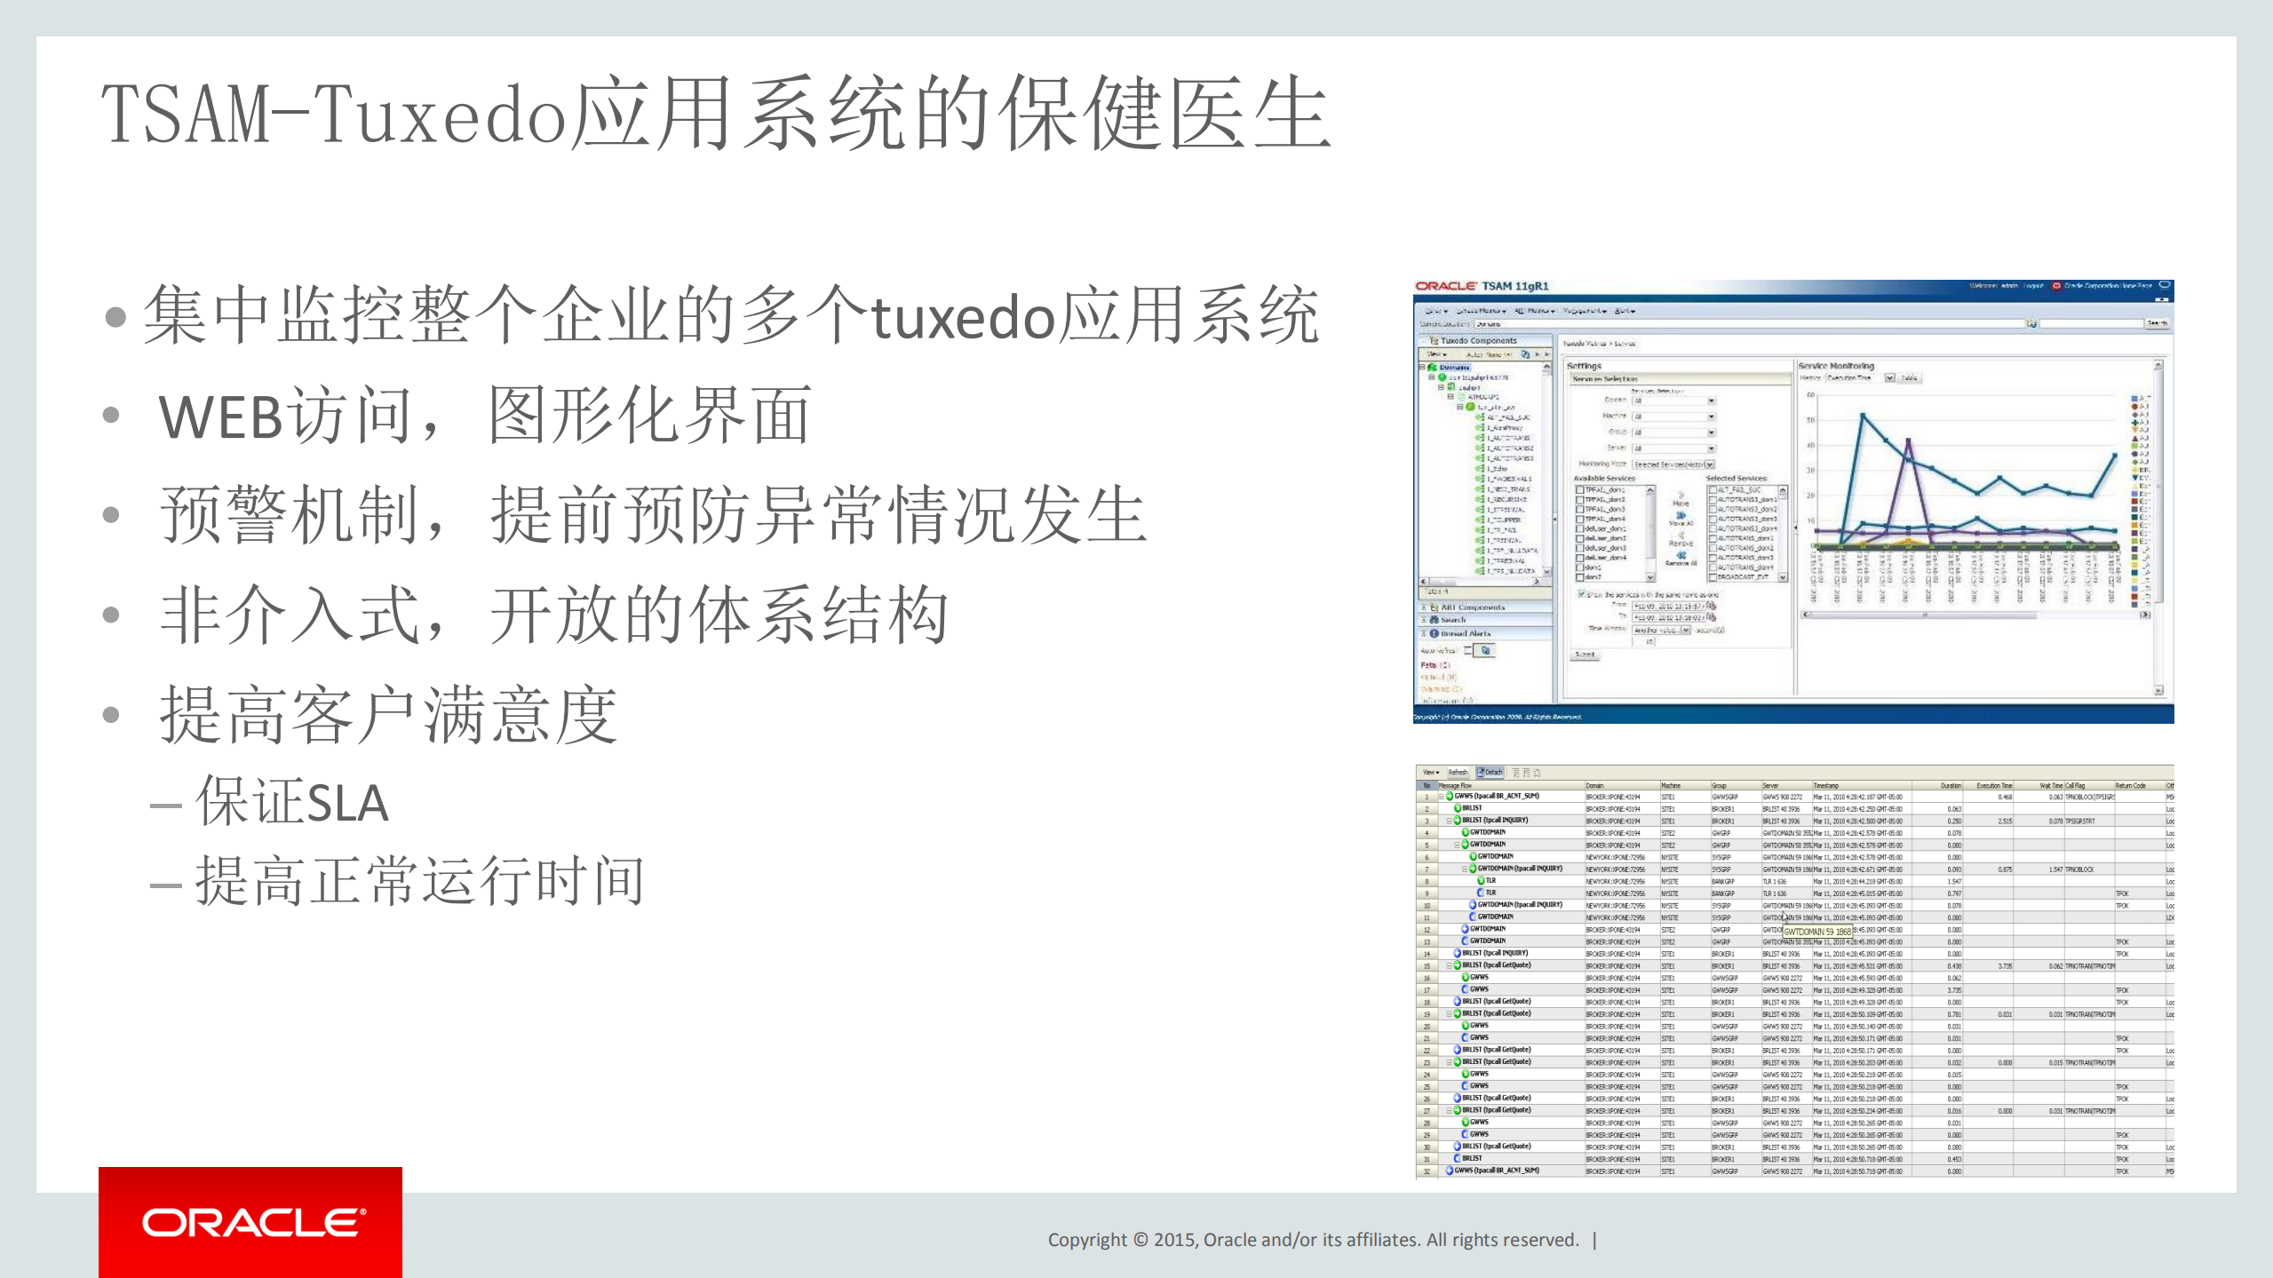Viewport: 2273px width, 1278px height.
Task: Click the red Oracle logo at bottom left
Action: [x=250, y=1222]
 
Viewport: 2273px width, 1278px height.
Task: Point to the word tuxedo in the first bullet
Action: [x=964, y=317]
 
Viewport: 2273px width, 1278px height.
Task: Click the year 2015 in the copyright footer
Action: [x=1173, y=1240]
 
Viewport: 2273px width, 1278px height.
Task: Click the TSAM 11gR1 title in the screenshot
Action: [x=1514, y=286]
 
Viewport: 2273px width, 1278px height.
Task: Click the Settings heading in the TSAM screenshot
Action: [x=1584, y=366]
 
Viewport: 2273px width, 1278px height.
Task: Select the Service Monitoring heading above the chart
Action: [x=1835, y=366]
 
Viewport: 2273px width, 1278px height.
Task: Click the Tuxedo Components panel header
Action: [x=1478, y=340]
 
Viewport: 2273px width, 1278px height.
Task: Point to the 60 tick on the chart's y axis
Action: [x=1811, y=395]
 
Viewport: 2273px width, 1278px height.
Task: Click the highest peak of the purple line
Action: [x=1908, y=441]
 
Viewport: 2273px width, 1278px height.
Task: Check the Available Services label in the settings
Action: [x=1604, y=478]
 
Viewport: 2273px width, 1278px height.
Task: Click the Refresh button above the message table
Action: [x=1458, y=773]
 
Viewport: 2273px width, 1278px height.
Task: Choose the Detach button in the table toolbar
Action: [x=1490, y=773]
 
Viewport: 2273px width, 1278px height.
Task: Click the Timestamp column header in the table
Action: [x=1825, y=786]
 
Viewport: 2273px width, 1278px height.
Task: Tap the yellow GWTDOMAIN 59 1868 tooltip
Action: [x=1817, y=932]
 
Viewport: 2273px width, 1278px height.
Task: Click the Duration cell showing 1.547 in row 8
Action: [x=1954, y=882]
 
